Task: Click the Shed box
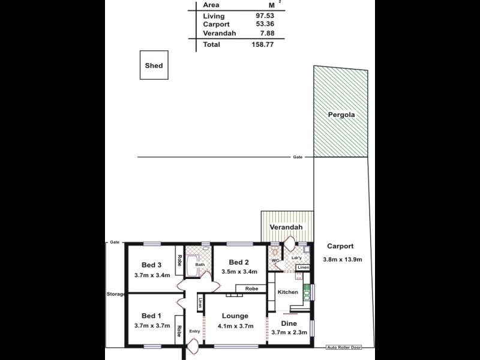[x=154, y=66]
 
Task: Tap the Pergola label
[x=340, y=114]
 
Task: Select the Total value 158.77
[x=262, y=44]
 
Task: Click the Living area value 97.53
[x=265, y=15]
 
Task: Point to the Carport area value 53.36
[x=265, y=25]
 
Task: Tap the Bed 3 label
[x=152, y=265]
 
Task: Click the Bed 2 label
[x=239, y=262]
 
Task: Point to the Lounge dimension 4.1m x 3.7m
[x=235, y=326]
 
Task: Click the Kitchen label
[x=287, y=292]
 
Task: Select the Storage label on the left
[x=115, y=294]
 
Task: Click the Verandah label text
[x=286, y=228]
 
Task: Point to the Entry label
[x=194, y=331]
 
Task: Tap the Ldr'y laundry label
[x=296, y=258]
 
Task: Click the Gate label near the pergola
[x=298, y=157]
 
